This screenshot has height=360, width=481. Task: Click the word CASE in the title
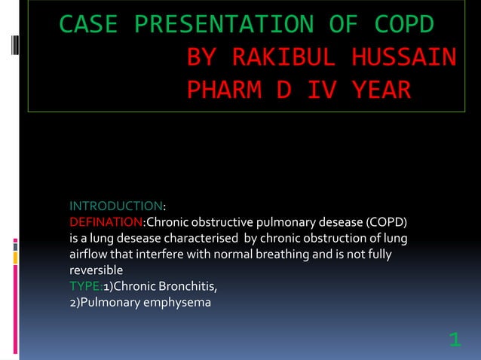click(x=88, y=25)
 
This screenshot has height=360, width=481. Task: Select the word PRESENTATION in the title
click(x=226, y=25)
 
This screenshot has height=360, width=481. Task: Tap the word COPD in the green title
click(x=405, y=25)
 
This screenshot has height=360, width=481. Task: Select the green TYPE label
click(x=84, y=287)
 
